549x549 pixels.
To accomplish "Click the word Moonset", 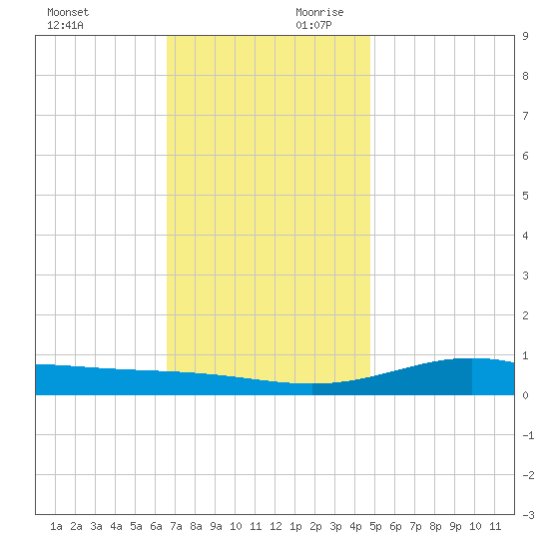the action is coord(68,12).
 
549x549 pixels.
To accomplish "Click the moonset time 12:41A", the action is coord(65,25).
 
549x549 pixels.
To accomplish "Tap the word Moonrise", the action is coord(319,12).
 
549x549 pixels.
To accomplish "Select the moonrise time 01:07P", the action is coord(313,25).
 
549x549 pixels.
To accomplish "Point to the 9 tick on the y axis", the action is coord(525,36).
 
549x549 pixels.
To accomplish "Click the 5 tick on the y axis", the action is coord(525,196).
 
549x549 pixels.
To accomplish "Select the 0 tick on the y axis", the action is coord(525,395).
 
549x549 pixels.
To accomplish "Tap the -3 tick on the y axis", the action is coord(528,515).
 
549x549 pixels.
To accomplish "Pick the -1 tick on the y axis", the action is coord(528,435).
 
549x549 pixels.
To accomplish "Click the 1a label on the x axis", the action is coord(56,526).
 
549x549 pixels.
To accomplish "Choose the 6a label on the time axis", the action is coord(156,526).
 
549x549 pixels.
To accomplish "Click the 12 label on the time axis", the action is coord(275,526).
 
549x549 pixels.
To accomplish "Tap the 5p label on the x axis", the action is coord(375,526).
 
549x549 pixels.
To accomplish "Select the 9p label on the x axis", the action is coord(455,526).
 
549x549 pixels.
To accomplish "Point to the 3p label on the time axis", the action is coord(335,526).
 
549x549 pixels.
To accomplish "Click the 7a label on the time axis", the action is coord(176,526).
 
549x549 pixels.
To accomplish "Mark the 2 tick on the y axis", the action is coord(525,315).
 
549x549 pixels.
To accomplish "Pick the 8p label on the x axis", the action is coord(435,526).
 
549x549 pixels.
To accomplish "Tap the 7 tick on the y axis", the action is coord(525,116).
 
